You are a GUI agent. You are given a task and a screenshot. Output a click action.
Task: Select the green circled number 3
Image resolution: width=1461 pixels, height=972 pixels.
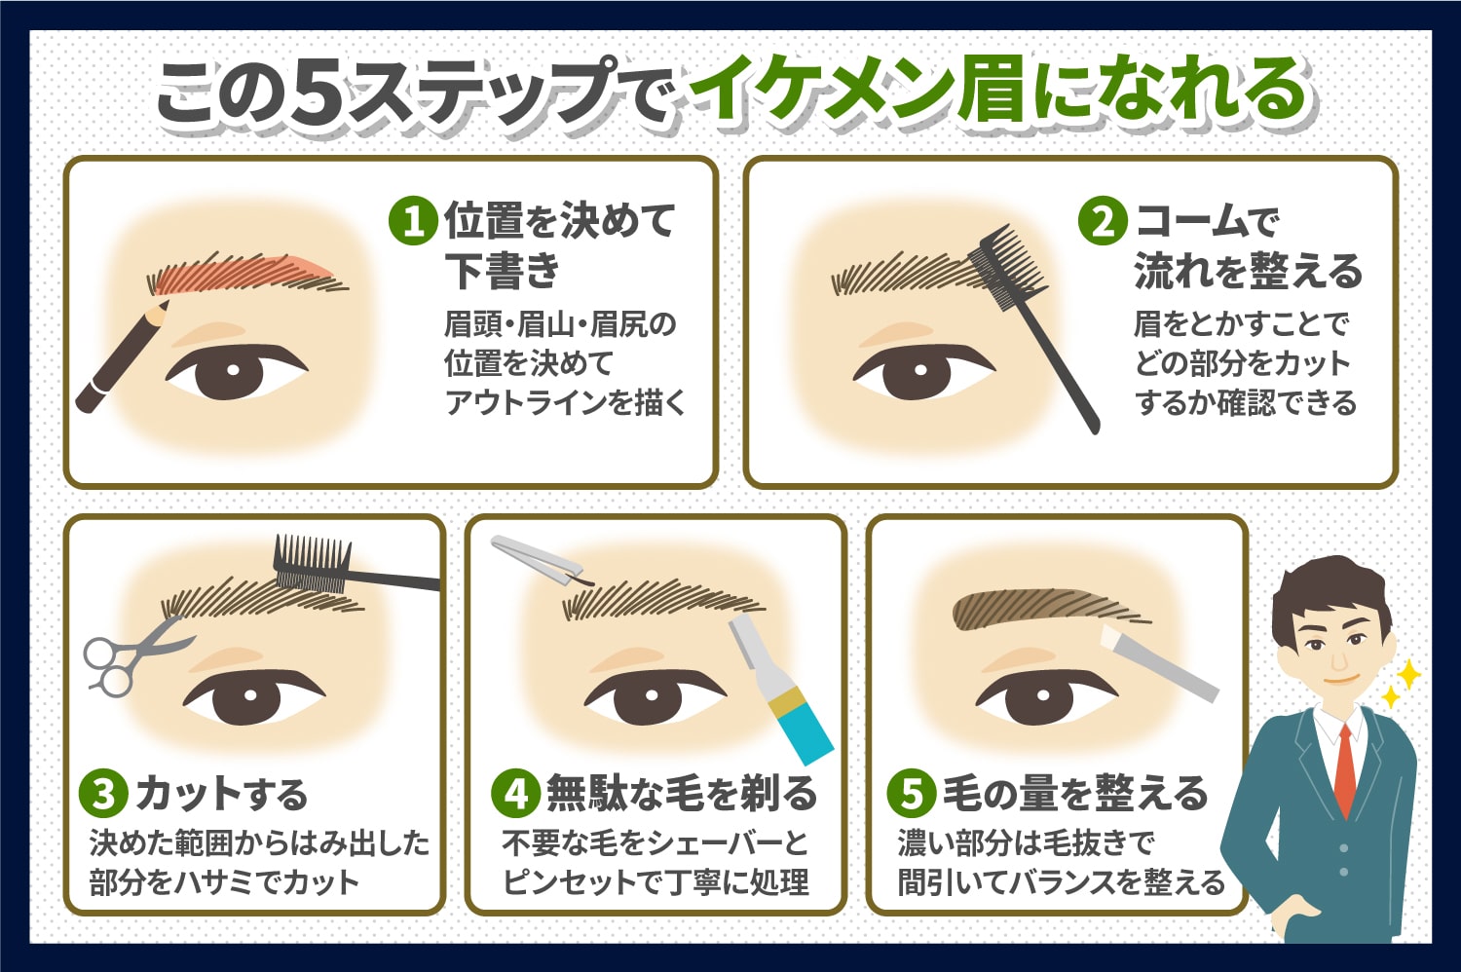(103, 794)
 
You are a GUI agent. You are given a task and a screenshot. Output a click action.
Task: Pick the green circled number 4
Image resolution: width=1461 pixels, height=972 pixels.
(516, 794)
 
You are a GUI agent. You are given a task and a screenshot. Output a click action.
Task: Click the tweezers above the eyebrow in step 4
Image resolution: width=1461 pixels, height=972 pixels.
(538, 560)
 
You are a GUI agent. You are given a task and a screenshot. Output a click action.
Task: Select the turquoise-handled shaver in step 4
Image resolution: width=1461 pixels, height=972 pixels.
(780, 689)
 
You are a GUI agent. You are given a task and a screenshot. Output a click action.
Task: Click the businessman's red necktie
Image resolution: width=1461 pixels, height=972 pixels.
(1345, 769)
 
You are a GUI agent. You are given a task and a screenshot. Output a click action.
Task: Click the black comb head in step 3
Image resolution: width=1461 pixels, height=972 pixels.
(312, 563)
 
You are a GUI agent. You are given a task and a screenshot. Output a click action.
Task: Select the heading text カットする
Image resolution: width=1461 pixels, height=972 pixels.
(221, 794)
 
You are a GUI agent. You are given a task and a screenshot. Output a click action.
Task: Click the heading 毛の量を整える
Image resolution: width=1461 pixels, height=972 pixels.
(1076, 794)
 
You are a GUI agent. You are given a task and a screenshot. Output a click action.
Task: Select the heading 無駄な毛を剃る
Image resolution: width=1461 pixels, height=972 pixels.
(682, 794)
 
